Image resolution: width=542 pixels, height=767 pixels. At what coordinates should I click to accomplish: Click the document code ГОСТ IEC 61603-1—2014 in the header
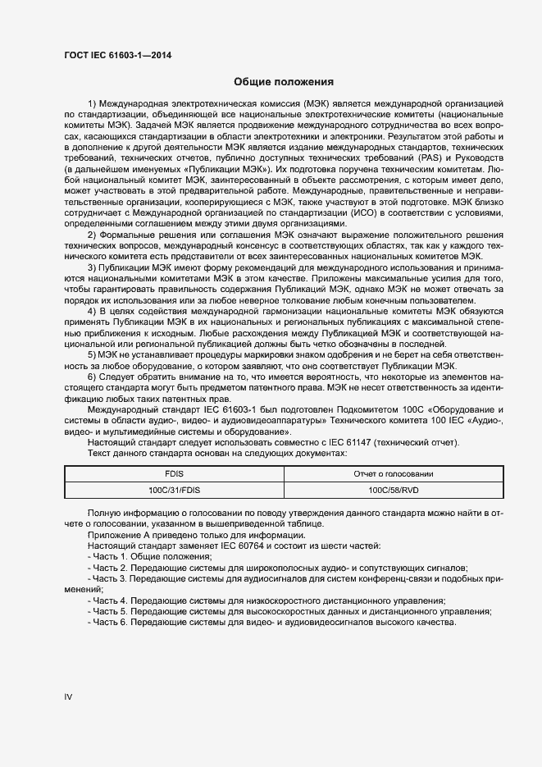(x=118, y=57)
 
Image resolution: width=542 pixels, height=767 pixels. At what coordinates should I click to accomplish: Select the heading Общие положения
(x=283, y=82)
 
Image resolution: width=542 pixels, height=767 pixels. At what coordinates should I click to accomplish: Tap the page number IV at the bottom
(x=69, y=696)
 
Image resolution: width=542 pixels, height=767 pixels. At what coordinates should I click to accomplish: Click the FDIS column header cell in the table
(x=175, y=474)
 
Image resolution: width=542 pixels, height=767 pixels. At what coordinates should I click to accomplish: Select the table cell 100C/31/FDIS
(x=175, y=490)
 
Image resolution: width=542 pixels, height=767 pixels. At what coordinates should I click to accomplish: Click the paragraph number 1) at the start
(x=93, y=103)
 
